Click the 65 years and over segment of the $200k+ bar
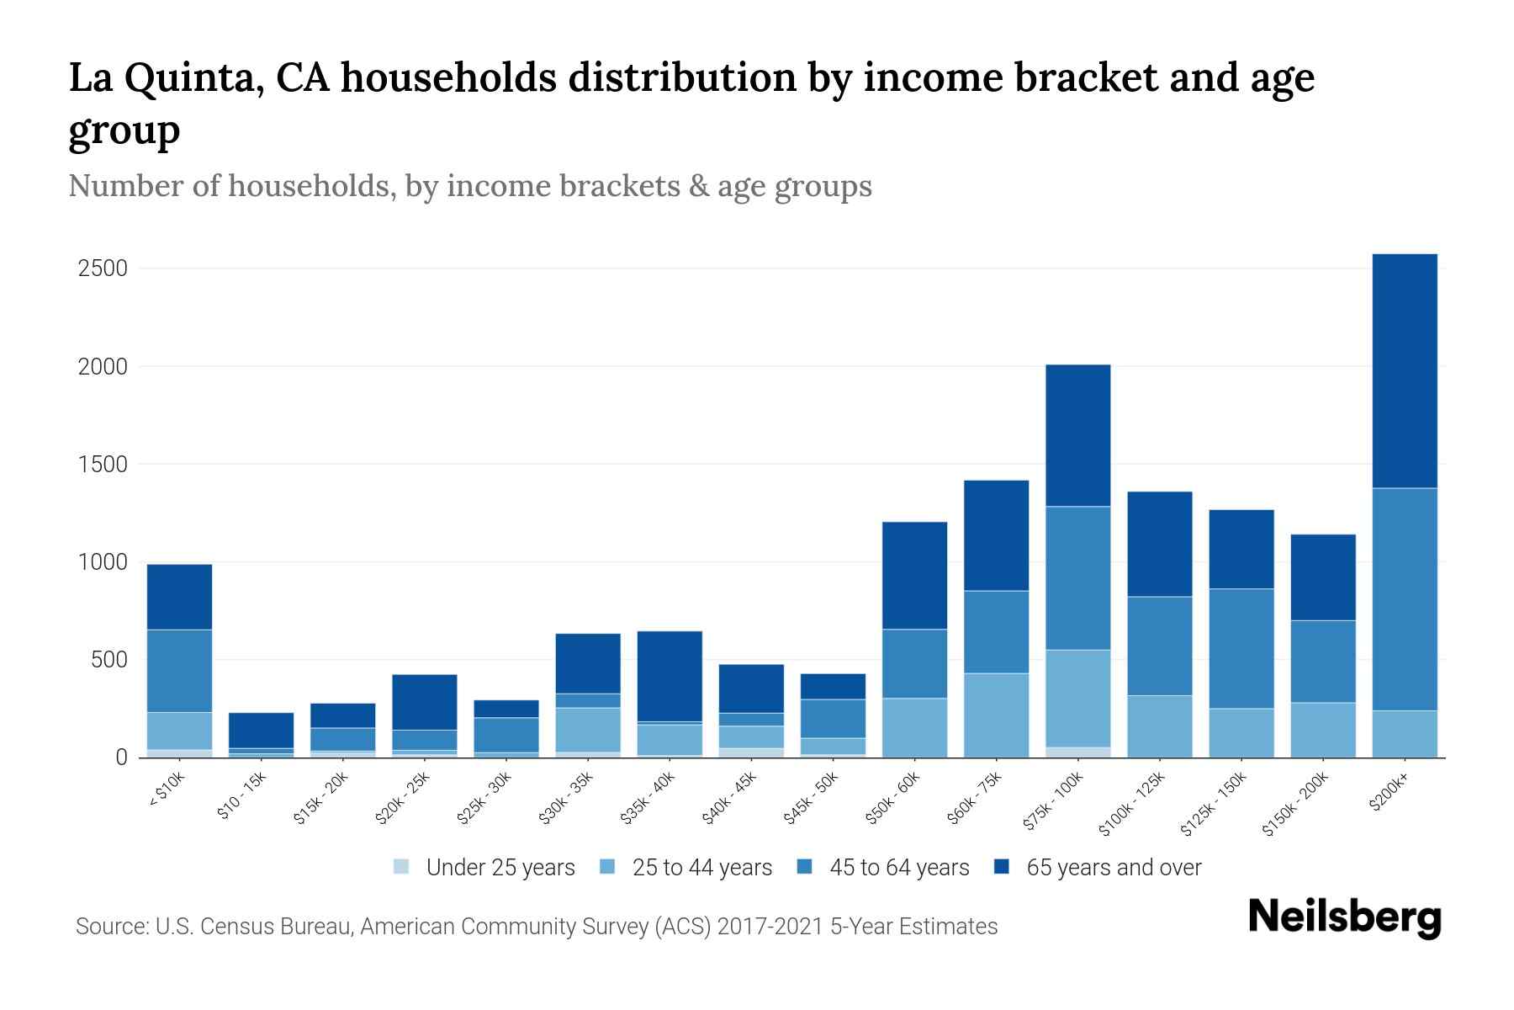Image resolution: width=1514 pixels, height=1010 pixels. pos(1404,370)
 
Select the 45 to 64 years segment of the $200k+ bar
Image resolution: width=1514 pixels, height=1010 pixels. pos(1404,599)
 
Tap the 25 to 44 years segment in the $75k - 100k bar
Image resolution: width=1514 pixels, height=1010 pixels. pos(1077,698)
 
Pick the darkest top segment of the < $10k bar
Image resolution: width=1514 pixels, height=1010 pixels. pos(179,597)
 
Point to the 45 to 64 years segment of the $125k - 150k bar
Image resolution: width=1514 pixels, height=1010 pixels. pos(1241,648)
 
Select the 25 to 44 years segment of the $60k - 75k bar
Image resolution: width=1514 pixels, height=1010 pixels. pos(996,715)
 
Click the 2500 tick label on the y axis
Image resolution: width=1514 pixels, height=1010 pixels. pos(103,268)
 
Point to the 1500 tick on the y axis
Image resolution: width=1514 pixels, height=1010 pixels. pos(103,465)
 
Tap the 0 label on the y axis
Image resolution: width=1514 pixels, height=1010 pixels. pos(121,757)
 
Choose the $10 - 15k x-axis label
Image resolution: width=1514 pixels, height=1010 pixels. pos(243,795)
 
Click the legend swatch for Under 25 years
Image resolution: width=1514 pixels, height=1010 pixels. pos(402,867)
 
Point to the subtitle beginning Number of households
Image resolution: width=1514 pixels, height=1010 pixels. pos(470,186)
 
